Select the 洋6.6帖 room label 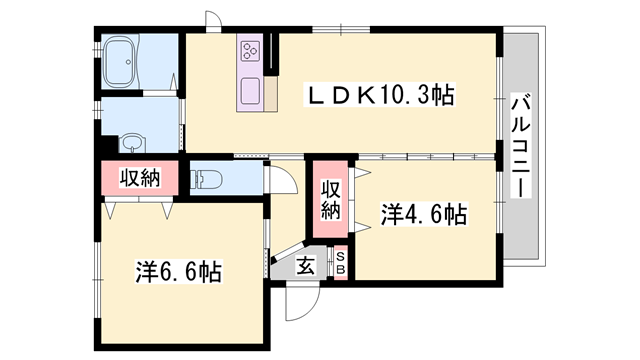179,270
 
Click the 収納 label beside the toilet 140,178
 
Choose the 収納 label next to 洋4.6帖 331,197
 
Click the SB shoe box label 340,263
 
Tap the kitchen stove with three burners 250,49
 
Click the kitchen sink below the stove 248,92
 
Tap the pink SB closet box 340,263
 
